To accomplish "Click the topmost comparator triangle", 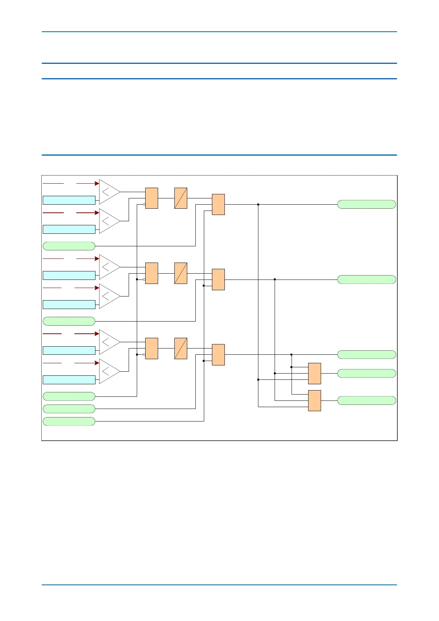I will coord(109,192).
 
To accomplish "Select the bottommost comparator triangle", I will coord(109,371).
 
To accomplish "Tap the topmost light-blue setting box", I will coord(69,200).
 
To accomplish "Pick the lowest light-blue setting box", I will coord(69,380).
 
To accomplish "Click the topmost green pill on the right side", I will coord(366,204).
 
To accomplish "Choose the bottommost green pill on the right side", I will coord(366,400).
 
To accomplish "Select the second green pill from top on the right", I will coord(366,280).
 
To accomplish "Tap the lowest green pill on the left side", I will coord(69,421).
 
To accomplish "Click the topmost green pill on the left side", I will coord(69,246).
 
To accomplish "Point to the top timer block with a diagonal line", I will coord(181,198).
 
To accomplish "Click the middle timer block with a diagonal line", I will coord(181,273).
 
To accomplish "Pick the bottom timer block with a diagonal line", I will coord(181,348).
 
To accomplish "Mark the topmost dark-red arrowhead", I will coord(97,183).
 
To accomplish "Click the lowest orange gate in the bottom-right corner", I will coord(314,400).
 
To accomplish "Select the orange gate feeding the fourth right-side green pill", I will coord(314,373).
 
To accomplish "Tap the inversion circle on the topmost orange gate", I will coord(144,204).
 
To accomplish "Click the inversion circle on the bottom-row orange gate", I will coord(144,355).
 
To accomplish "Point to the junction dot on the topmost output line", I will coord(258,204).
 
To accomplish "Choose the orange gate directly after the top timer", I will coord(218,204).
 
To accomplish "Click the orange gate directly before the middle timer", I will coord(151,273).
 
